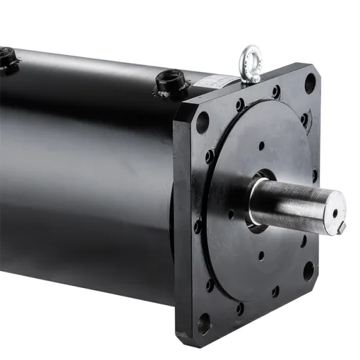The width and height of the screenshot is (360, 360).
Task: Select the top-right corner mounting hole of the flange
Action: click(x=310, y=82)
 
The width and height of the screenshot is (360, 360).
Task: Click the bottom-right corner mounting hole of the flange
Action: click(x=308, y=270)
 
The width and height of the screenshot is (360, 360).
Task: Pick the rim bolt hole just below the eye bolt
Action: click(x=276, y=92)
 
